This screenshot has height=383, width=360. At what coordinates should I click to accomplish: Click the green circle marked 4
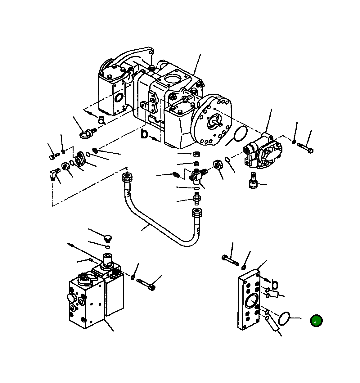coord(316,321)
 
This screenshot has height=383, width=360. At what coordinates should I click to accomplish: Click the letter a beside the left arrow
coord(101,120)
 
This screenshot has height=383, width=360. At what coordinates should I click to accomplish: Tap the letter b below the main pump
coord(144,134)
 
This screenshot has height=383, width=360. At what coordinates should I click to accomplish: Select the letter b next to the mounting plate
coord(274,284)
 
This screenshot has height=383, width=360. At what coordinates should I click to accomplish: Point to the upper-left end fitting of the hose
coord(127,178)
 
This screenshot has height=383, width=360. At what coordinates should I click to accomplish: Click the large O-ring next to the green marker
coord(284,319)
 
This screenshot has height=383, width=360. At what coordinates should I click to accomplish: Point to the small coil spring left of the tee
coord(176,175)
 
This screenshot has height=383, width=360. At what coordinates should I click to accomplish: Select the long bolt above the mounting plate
coord(230,260)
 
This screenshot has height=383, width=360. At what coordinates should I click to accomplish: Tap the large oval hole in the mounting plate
coord(251,301)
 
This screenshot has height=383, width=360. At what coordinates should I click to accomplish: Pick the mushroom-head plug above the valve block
coord(107,239)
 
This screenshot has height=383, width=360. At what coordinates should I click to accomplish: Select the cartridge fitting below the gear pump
coord(254,181)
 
